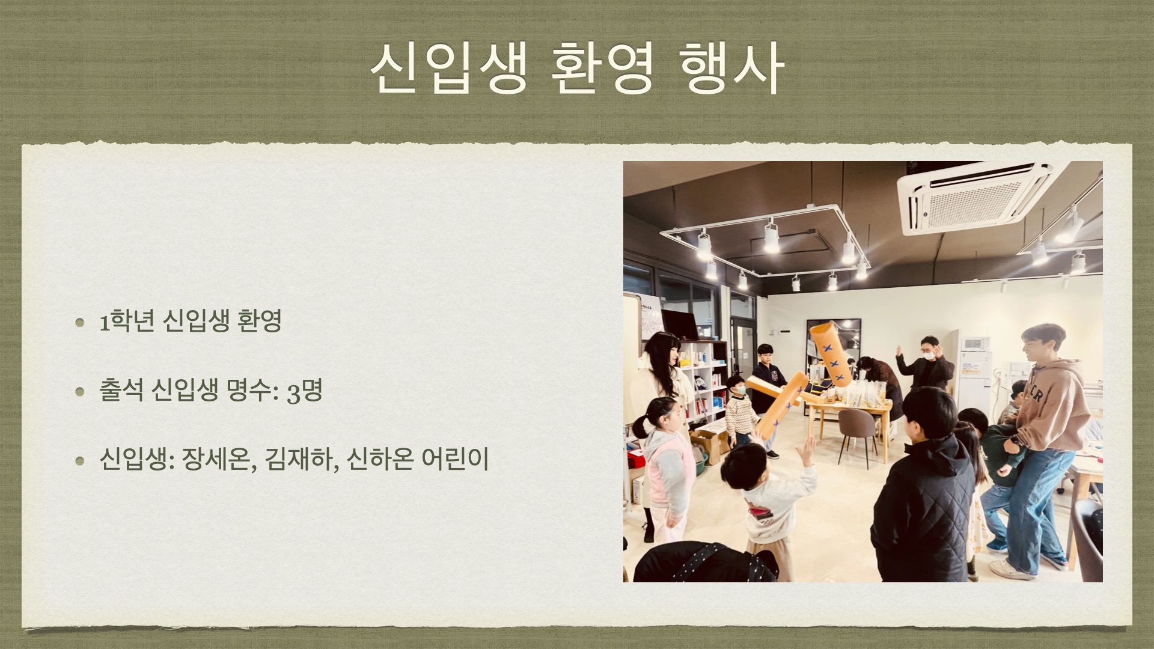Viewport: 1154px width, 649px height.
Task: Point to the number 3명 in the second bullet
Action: tap(305, 392)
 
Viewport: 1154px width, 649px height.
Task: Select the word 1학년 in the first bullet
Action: tap(122, 323)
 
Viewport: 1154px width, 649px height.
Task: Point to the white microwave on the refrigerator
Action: tap(975, 344)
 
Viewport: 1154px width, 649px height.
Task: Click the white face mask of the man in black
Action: tap(929, 355)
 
